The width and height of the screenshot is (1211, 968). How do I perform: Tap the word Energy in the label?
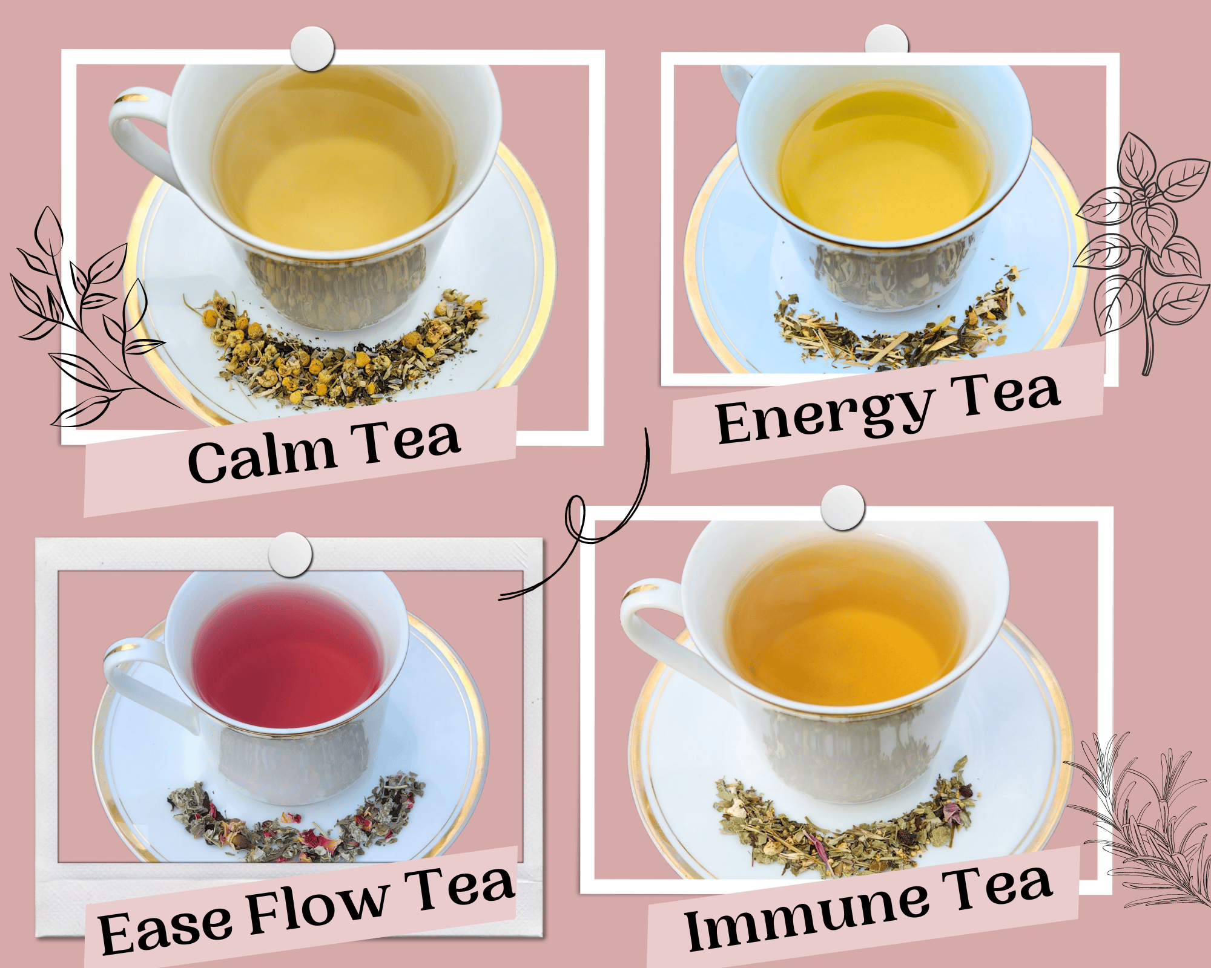coord(822,416)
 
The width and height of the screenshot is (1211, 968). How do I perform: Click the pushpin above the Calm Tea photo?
coord(312,48)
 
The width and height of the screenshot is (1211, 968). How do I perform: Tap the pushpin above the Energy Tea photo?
coord(886,39)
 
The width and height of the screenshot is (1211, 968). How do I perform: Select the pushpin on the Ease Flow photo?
coord(290,554)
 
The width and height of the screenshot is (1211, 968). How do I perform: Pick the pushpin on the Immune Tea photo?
coord(843,508)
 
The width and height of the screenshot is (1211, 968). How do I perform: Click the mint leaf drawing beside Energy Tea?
coord(1141,248)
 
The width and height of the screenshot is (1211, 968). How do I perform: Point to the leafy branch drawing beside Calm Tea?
coord(91,321)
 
